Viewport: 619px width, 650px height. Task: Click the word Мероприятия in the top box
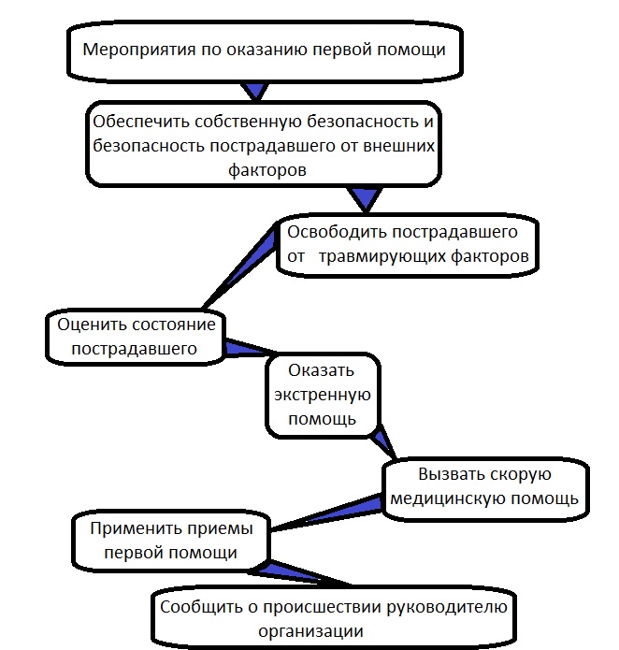[139, 50]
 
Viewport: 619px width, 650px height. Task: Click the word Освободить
[335, 230]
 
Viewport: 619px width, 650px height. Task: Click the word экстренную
[321, 394]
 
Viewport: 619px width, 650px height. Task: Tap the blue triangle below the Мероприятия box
[255, 91]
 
